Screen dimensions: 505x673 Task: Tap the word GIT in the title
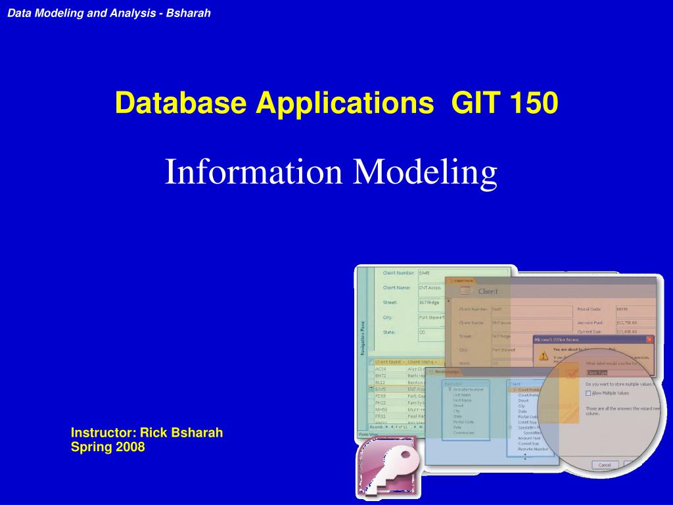point(473,103)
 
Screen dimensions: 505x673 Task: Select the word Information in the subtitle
point(254,172)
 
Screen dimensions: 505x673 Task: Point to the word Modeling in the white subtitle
point(425,172)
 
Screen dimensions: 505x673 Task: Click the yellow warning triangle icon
point(544,354)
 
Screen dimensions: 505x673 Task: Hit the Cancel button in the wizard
point(604,465)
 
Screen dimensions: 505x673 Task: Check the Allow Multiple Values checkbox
point(588,393)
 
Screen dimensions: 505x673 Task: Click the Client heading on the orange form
point(488,291)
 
